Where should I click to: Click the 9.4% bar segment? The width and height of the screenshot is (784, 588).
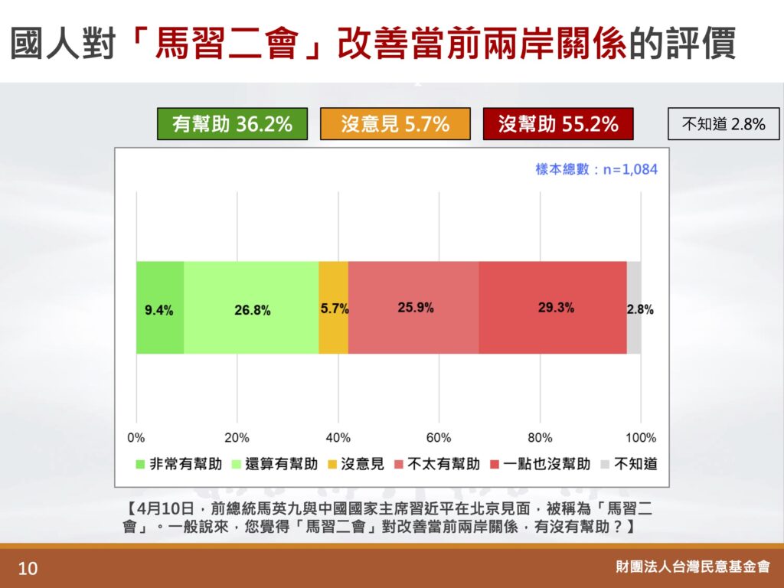point(160,308)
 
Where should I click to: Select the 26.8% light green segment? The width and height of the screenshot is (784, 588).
point(251,308)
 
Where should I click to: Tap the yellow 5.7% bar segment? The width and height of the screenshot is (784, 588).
point(334,308)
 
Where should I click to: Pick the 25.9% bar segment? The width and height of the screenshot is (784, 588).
point(413,308)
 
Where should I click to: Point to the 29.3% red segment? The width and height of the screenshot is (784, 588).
point(553,308)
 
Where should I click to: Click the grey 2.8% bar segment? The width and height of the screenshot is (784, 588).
point(634,308)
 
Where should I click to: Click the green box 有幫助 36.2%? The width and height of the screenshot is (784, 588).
point(233,123)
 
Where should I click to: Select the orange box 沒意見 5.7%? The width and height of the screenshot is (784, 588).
point(396,123)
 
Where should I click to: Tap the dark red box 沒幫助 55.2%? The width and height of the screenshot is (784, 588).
point(558,123)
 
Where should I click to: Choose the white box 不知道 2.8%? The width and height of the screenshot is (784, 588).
point(724,123)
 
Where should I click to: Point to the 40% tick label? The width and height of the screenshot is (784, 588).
point(338,438)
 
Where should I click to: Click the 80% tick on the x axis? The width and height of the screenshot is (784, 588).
point(540,438)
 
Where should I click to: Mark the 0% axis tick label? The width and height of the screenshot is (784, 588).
point(136,438)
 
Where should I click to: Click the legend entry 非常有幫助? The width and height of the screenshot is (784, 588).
point(179,464)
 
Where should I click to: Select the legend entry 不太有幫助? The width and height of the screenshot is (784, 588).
point(437,464)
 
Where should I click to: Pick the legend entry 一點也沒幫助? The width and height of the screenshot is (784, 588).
point(541,464)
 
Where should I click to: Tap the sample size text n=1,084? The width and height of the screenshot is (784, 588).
point(631,169)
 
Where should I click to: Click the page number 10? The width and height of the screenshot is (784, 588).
point(28,569)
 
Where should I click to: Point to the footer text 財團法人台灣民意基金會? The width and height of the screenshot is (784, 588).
point(693,567)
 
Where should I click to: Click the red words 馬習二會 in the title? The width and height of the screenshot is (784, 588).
point(227,43)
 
